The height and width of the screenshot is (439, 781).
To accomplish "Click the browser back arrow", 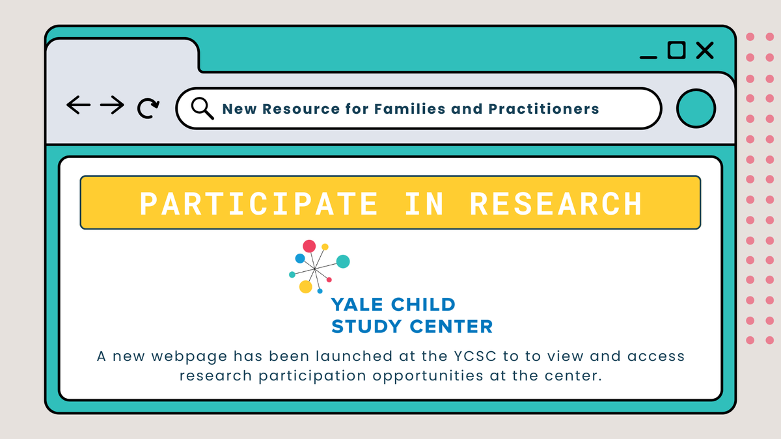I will click(x=78, y=105).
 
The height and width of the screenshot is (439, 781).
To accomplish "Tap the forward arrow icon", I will click(x=113, y=105).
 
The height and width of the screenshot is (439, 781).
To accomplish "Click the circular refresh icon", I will click(x=148, y=108).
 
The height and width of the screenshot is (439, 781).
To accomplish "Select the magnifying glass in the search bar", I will click(x=202, y=108).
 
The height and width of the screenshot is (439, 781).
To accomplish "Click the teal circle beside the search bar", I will click(x=696, y=108).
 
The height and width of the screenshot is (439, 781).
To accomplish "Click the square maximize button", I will click(x=676, y=50).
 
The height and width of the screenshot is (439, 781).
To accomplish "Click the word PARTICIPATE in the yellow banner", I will click(x=259, y=203).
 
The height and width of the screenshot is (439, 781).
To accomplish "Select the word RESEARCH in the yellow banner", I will click(x=556, y=203).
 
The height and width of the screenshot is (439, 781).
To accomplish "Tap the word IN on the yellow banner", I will click(x=424, y=203).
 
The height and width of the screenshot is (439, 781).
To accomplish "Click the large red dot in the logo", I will click(x=309, y=246).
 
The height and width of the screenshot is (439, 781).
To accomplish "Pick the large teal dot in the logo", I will click(x=343, y=261).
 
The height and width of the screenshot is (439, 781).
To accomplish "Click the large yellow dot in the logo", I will click(x=305, y=287).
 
